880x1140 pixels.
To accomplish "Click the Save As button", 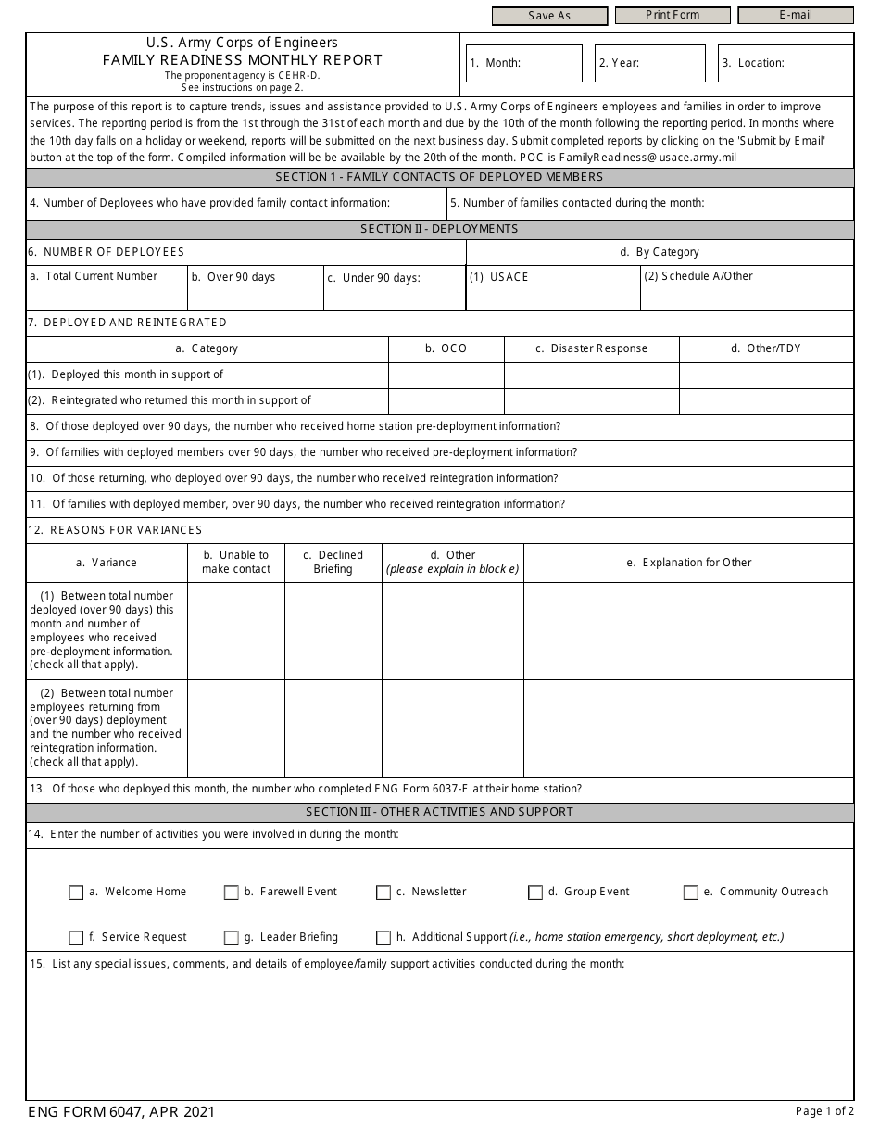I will coord(549,16).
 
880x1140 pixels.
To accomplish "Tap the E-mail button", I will coord(795,16).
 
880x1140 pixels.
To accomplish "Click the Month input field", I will coord(550,63).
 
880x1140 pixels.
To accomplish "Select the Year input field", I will coord(671,63).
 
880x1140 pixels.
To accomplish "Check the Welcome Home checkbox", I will coord(76,893).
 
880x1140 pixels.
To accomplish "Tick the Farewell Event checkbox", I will coord(232,893).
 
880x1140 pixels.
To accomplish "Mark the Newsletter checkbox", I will coord(383,893).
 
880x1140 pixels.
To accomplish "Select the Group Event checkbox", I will coord(535,893).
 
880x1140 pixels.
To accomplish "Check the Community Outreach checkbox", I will coord(691,893).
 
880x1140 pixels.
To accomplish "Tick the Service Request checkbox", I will coord(76,938).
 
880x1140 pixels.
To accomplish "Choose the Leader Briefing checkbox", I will coord(232,938).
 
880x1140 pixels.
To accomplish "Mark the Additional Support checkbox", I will coord(383,938).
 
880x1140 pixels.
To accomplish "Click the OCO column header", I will coord(446,348).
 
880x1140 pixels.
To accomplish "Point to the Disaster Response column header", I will coord(591,348).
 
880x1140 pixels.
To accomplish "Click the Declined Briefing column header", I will coord(333,562).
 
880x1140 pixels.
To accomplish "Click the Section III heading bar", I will coord(440,812).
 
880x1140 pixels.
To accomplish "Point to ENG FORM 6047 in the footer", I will coord(121,1111).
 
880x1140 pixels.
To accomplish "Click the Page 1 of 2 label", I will coord(824,1110).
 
